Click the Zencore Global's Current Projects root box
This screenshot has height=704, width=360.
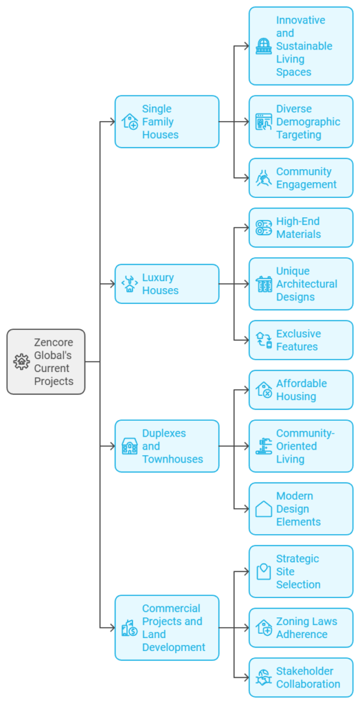(x=46, y=362)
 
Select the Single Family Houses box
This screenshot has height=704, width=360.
(x=167, y=122)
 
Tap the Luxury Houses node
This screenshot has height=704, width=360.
(x=167, y=284)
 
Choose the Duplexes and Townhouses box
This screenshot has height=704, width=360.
(x=167, y=445)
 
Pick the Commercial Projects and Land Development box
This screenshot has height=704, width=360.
(x=167, y=628)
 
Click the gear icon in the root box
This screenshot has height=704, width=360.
(x=21, y=362)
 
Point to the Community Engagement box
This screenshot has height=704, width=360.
(x=301, y=178)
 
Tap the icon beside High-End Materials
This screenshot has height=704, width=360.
(x=264, y=228)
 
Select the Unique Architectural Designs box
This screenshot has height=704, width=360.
(x=301, y=284)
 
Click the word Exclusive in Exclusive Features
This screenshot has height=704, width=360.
(x=298, y=333)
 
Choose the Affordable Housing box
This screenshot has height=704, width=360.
(x=301, y=390)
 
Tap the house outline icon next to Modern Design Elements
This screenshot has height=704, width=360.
(x=264, y=509)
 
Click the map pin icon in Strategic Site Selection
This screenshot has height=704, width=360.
(x=264, y=571)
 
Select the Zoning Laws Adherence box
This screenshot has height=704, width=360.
(x=301, y=628)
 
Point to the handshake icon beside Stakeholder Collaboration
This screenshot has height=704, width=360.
(x=264, y=677)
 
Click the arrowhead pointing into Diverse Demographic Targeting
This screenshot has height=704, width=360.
(x=247, y=122)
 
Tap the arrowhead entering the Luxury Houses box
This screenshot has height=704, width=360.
(x=112, y=284)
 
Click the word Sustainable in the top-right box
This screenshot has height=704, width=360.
(x=304, y=46)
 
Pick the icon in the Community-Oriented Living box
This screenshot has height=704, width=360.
(x=264, y=445)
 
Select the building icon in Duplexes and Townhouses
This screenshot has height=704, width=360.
(x=130, y=445)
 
